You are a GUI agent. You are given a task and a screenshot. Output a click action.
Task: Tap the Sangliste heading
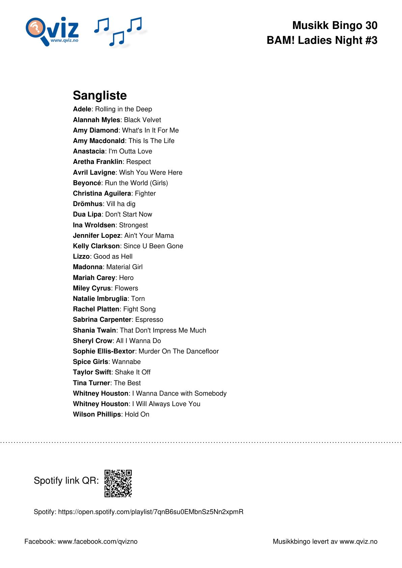point(100,95)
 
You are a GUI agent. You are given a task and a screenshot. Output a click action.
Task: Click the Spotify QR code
point(118,483)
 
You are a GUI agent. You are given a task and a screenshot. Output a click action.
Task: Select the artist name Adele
point(82,109)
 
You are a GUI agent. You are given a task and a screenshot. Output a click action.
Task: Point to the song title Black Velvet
point(142,120)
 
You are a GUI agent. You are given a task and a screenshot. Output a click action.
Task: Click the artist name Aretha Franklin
point(98,162)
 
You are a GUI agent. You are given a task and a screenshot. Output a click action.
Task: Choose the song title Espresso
point(149,320)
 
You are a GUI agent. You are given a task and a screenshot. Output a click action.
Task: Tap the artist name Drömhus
point(88,204)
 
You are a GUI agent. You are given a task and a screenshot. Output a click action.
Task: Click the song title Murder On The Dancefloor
point(179,351)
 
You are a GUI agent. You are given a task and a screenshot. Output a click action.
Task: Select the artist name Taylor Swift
point(92,372)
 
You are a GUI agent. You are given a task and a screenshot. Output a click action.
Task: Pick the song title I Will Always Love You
point(166,404)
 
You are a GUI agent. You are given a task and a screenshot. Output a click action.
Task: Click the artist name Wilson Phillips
point(97,415)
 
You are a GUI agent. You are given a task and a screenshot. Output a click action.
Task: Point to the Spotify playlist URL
point(151,512)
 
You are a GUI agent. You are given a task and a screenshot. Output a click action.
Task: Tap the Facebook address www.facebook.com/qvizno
point(98,542)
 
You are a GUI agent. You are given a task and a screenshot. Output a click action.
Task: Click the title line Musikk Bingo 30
point(334,25)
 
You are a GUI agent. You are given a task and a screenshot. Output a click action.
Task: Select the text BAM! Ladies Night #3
point(322,40)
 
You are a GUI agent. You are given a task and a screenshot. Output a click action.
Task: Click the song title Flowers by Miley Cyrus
point(126,288)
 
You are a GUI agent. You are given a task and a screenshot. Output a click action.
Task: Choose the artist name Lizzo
point(81,257)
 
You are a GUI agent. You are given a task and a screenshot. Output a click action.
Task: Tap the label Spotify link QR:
point(66,481)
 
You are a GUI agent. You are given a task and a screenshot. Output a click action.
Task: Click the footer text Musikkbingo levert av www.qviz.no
point(325,542)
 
